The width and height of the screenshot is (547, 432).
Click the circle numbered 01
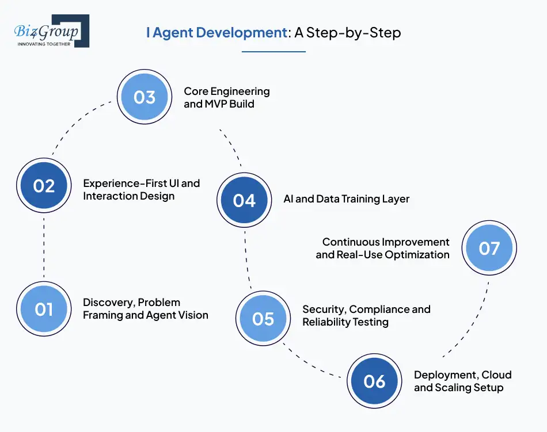click(x=44, y=309)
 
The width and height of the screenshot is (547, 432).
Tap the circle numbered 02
click(x=44, y=186)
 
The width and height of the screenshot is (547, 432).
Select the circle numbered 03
click(x=145, y=97)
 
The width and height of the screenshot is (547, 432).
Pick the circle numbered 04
click(x=244, y=200)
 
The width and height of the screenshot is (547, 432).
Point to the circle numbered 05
click(x=263, y=318)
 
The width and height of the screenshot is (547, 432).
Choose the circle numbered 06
click(x=374, y=381)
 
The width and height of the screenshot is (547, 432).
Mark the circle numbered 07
click(x=489, y=249)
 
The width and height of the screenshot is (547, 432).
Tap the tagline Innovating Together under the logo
click(x=44, y=44)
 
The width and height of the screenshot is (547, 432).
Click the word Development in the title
click(x=241, y=32)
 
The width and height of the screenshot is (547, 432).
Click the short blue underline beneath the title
click(x=273, y=52)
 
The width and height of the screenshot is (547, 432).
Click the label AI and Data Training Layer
click(x=346, y=199)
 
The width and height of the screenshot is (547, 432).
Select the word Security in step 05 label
click(x=323, y=309)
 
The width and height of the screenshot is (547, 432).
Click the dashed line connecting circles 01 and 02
click(x=44, y=247)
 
